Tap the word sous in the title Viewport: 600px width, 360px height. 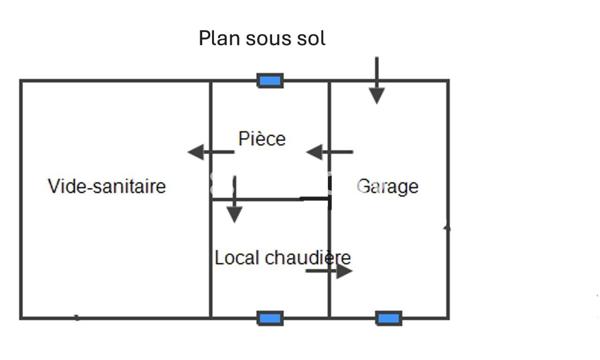point(267,39)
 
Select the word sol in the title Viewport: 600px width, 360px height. point(312,39)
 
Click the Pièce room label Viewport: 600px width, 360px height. point(262,139)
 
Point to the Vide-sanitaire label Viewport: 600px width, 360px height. point(107,187)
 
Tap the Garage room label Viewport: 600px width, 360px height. point(388,187)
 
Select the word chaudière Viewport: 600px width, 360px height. point(308,258)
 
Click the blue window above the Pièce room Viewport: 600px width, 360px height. point(270,81)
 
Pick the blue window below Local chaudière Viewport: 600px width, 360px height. point(270,318)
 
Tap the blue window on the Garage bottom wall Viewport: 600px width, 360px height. point(388,318)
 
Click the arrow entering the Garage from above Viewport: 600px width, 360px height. point(376,81)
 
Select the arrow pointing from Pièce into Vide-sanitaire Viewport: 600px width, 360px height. point(210,152)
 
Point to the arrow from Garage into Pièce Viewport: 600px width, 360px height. point(329,152)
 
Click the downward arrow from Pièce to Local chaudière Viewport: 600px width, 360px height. point(234,200)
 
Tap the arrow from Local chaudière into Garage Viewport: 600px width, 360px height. point(329,270)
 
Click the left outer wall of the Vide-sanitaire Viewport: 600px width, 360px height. point(21,200)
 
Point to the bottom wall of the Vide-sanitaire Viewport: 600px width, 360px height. point(115,318)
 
